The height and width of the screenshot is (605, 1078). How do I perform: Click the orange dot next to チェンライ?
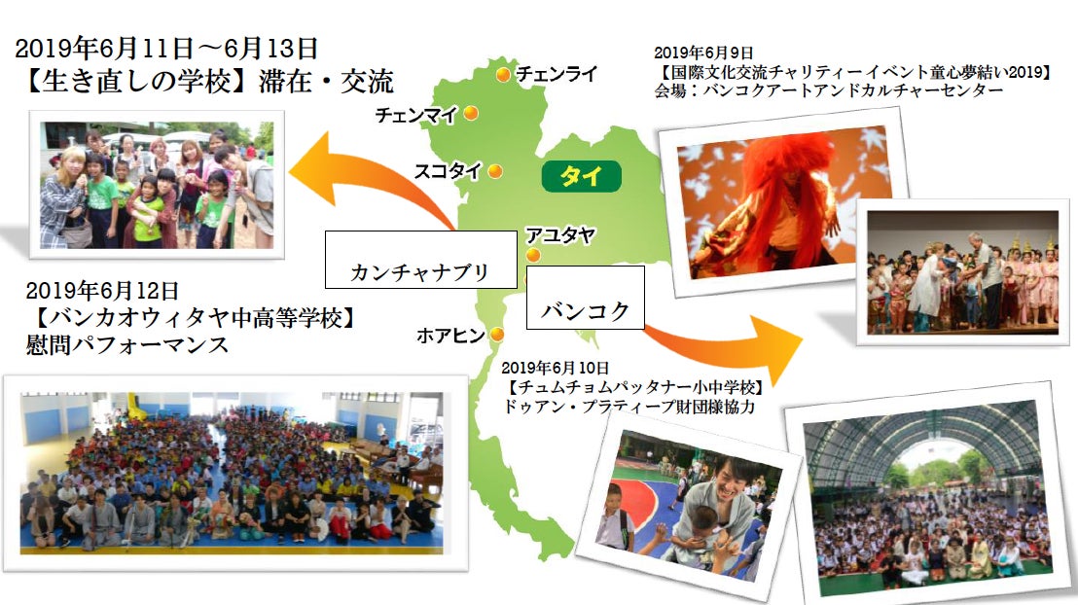pyautogui.click(x=503, y=74)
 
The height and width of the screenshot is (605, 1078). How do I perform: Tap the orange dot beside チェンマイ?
pyautogui.click(x=471, y=113)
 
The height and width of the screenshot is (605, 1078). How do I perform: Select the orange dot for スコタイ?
pyautogui.click(x=495, y=171)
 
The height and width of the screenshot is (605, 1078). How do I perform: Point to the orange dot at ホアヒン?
pyautogui.click(x=496, y=335)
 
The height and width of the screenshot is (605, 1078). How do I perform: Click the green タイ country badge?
pyautogui.click(x=582, y=176)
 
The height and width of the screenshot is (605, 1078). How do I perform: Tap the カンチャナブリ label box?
pyautogui.click(x=420, y=259)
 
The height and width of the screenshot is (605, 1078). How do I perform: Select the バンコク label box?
pyautogui.click(x=585, y=297)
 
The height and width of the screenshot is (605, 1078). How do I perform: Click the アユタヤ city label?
pyautogui.click(x=560, y=235)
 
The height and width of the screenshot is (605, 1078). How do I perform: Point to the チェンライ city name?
pyautogui.click(x=557, y=74)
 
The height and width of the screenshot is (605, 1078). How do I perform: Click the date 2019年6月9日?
pyautogui.click(x=703, y=53)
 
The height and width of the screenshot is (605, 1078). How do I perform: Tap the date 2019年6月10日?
pyautogui.click(x=555, y=368)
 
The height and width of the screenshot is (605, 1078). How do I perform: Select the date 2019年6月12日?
pyautogui.click(x=102, y=291)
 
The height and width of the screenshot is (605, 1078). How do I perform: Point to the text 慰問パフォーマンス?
pyautogui.click(x=127, y=344)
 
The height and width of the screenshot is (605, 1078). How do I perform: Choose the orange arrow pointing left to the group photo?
pyautogui.click(x=372, y=180)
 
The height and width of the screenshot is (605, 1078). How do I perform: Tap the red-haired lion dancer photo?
pyautogui.click(x=782, y=204)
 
